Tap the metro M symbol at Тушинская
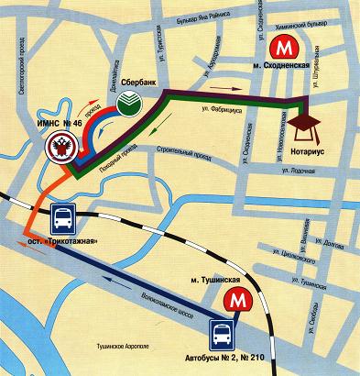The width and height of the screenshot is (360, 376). click(x=240, y=300)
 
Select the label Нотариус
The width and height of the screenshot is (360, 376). click(x=305, y=144)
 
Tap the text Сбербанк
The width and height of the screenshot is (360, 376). click(x=140, y=82)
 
